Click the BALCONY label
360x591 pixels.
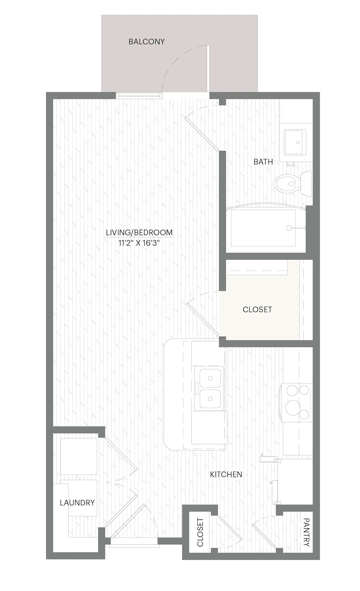[147, 42]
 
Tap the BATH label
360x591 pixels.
[263, 162]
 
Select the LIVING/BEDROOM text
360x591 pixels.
[139, 233]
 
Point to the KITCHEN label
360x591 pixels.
[226, 474]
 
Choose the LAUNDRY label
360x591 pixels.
[77, 503]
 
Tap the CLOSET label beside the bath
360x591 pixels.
[257, 310]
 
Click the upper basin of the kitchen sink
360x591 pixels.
[210, 377]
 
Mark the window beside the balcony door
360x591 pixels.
[139, 95]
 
